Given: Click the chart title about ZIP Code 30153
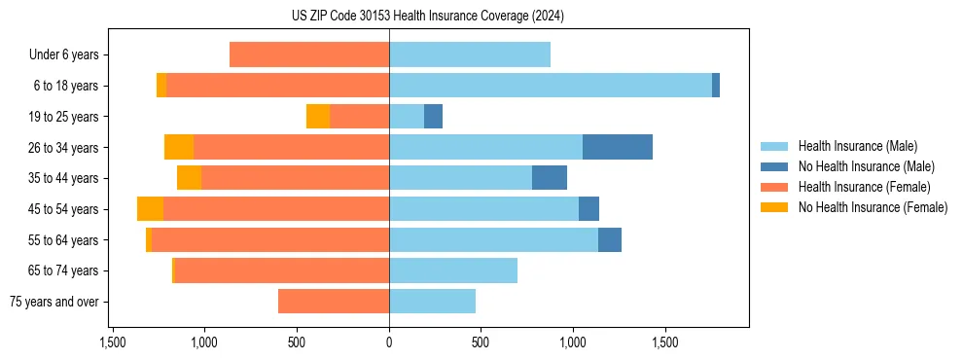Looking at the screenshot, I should (x=427, y=16).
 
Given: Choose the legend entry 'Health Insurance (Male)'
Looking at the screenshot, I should (x=856, y=146).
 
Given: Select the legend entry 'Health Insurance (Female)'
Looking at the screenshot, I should (x=863, y=187).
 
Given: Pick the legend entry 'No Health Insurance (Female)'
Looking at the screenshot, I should (x=872, y=207).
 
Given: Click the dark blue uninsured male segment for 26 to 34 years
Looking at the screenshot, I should (x=617, y=148).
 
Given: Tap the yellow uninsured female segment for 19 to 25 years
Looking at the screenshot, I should (x=318, y=117).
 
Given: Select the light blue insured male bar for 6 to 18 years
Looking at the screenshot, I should (x=550, y=86).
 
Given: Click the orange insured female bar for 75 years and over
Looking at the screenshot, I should (x=334, y=302).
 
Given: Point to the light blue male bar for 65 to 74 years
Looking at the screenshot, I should (x=452, y=270).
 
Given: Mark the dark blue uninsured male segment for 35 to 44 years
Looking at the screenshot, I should (x=550, y=178).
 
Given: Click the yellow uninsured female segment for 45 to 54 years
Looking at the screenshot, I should (x=150, y=209).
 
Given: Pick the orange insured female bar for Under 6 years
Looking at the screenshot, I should (x=309, y=55).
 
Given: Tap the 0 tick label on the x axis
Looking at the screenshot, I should (x=389, y=342).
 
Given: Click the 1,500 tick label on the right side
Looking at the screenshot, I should (x=665, y=342).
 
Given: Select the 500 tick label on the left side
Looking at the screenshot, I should (x=297, y=342).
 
